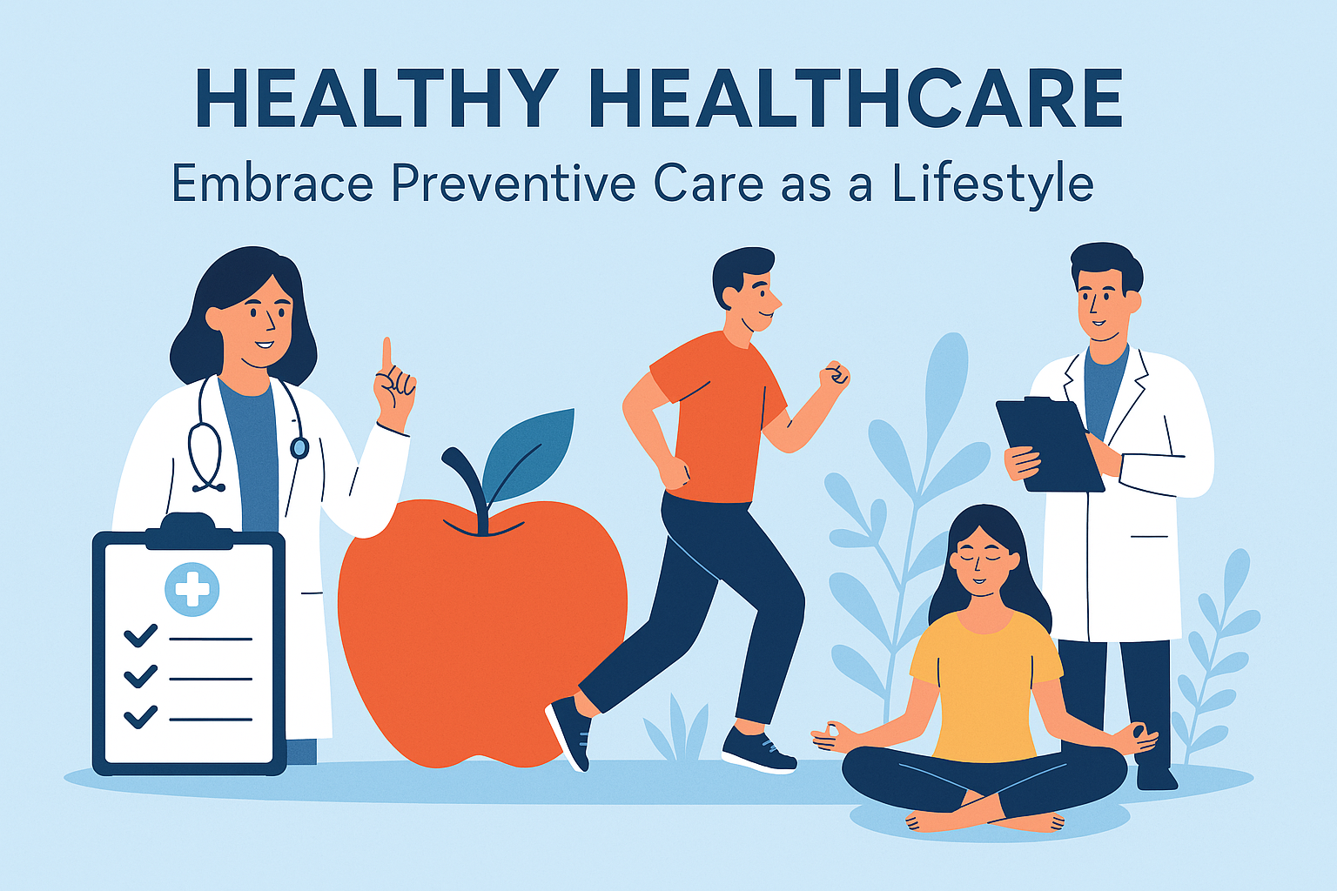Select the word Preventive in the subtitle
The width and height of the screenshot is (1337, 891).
514,184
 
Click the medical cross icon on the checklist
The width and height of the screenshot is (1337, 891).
191,589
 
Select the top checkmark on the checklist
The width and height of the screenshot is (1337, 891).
141,635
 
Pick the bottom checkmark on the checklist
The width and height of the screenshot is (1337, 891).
141,717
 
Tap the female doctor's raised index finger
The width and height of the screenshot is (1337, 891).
386,355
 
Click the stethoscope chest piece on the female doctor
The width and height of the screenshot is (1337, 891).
299,447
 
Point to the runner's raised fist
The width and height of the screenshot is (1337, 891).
835,376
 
